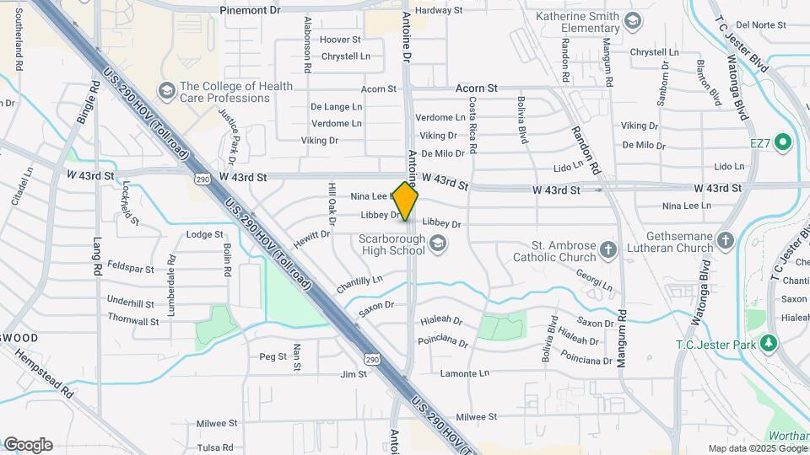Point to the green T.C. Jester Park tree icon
(768, 344)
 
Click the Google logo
(28, 444)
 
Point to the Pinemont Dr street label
(250, 10)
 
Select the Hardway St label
(440, 10)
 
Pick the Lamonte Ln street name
(465, 372)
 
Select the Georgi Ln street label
(593, 279)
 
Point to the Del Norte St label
(761, 25)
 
